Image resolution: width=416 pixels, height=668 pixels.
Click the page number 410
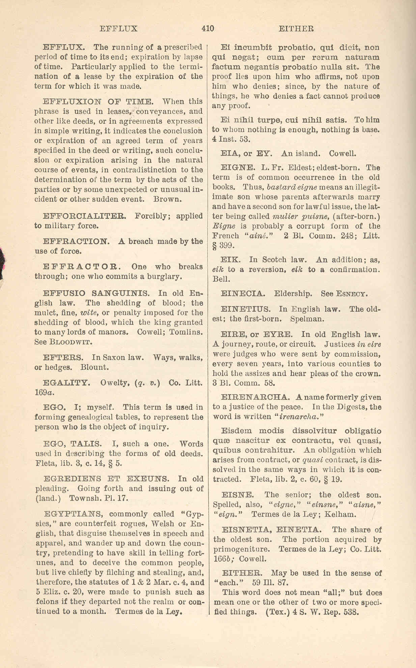[x=207, y=29]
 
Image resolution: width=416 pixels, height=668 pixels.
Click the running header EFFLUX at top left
[x=119, y=29]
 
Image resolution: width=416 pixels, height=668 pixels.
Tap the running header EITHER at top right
[x=296, y=29]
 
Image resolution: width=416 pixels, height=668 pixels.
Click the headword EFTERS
[x=63, y=357]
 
